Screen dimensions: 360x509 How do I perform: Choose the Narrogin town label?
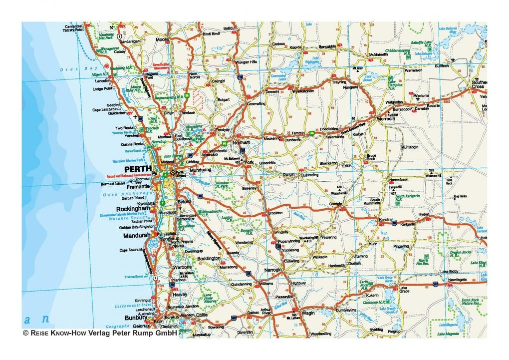click(272, 270)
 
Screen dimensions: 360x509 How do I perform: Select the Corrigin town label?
click(337, 203)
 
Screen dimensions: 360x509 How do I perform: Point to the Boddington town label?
click(209, 258)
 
